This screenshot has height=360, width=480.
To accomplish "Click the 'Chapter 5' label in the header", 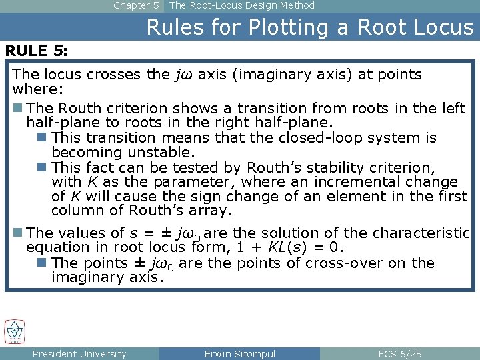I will point(136,5).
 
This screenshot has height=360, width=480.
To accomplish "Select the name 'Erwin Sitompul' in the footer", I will point(239,354).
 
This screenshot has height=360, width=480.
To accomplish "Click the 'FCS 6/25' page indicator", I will point(399,354).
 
